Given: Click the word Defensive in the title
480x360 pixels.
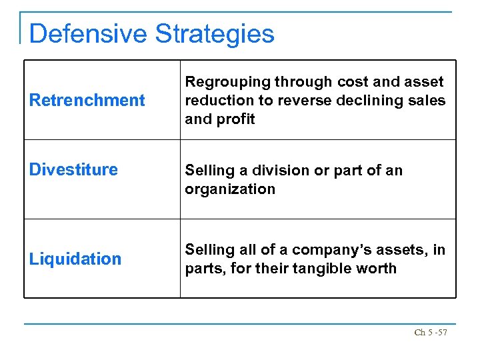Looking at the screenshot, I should click(x=88, y=33).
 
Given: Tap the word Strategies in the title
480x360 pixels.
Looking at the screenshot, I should click(x=214, y=33).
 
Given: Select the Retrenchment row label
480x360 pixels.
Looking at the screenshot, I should click(x=87, y=101).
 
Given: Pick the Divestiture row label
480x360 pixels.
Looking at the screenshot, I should click(x=73, y=169).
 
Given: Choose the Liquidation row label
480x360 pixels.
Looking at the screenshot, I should click(x=75, y=259).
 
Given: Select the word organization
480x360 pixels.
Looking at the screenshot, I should click(x=230, y=189).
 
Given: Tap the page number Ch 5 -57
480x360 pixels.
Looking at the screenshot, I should click(x=431, y=332).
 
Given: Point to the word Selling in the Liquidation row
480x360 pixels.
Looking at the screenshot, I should click(x=207, y=250).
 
